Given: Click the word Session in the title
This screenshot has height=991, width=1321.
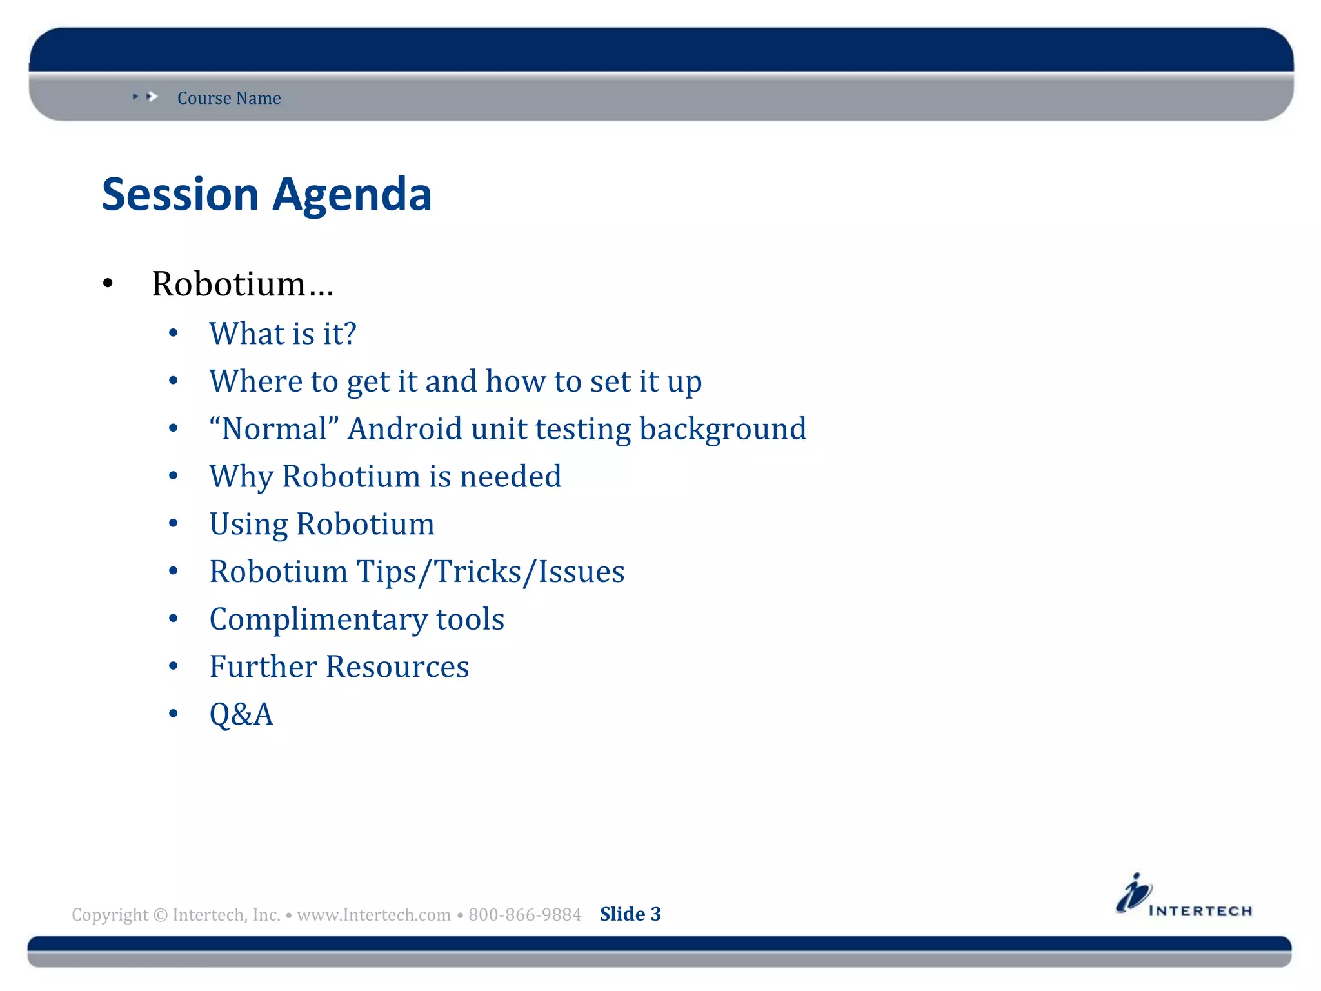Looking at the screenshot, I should coord(180,194).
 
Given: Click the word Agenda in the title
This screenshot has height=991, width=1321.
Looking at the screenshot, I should coord(352,194).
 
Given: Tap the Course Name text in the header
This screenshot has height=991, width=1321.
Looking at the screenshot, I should coord(229,98).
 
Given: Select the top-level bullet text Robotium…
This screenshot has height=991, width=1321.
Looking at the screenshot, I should coord(242,284).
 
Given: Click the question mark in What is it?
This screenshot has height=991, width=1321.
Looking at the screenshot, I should coord(349,334).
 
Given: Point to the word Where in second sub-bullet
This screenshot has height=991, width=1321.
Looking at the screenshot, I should coord(255,381).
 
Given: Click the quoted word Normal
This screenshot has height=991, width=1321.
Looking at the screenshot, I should coord(274,429).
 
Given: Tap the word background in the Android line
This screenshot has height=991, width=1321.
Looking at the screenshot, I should coord(722,429).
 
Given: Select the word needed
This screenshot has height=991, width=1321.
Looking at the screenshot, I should coord(510,477).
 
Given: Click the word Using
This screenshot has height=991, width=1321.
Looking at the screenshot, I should coord(248,525).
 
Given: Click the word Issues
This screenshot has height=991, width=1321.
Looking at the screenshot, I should coord(581,572).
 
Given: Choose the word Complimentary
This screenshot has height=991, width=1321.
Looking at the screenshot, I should coord(318,619).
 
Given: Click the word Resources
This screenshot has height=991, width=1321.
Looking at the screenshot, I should coord(397,666).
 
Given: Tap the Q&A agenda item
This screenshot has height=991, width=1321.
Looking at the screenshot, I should coord(241,714).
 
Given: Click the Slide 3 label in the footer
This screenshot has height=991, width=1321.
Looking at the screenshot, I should coord(630,914).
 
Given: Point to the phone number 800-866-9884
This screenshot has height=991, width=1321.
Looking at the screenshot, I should coord(524,915).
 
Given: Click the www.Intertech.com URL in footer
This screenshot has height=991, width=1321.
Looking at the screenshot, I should coord(373,915).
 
